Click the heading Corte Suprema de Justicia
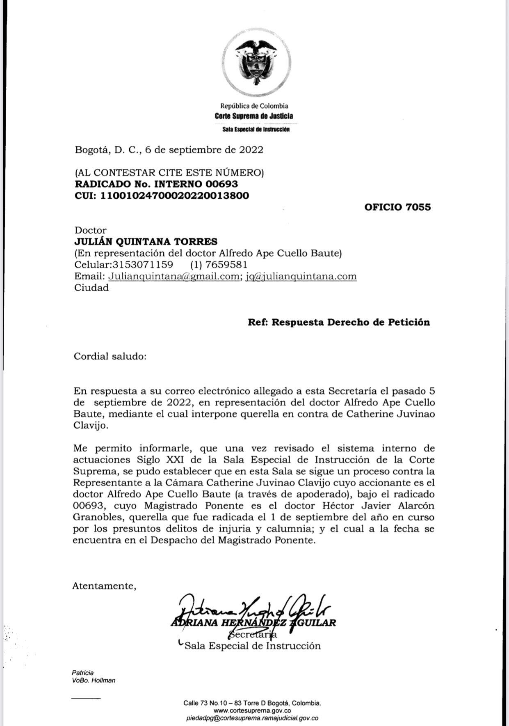(x=254, y=116)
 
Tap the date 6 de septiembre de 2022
(x=204, y=150)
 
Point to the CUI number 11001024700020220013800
(x=174, y=195)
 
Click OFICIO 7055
(x=397, y=207)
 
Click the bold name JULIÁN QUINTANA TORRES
(x=146, y=242)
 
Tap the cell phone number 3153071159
(x=139, y=265)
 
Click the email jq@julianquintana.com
(x=301, y=276)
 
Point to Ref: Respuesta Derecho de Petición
(x=338, y=322)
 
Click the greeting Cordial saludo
(x=110, y=356)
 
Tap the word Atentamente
(x=104, y=586)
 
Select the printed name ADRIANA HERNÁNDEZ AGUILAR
(x=253, y=623)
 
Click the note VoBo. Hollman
(x=94, y=681)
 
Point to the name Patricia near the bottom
(x=82, y=673)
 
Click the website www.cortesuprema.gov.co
(x=252, y=710)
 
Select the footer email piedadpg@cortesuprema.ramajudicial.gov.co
(x=252, y=718)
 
